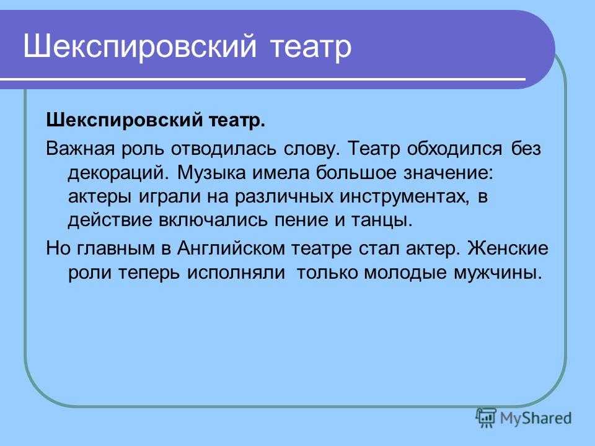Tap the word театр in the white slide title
tap(312, 48)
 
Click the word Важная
tap(80, 148)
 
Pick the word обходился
tap(454, 149)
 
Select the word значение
tap(448, 173)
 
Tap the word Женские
tap(508, 248)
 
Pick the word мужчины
tap(498, 273)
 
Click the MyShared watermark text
tap(535, 418)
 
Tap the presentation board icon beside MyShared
tap(486, 418)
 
